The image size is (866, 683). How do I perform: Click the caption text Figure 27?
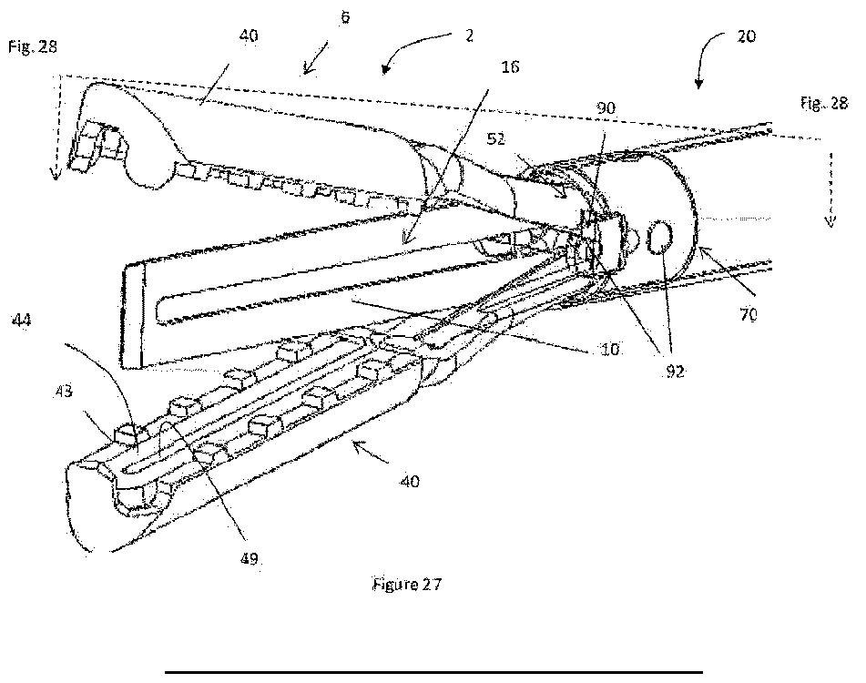click(x=407, y=585)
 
